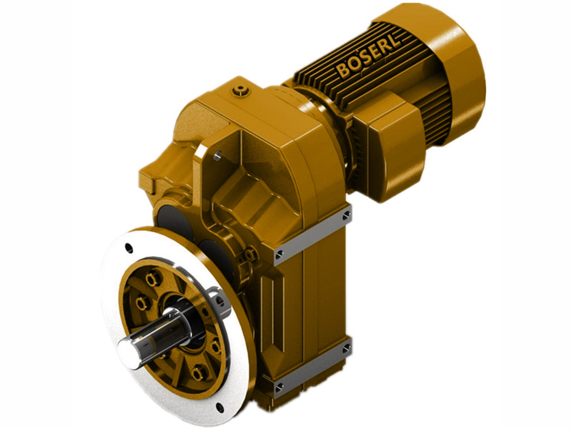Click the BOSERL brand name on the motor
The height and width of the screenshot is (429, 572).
(369, 54)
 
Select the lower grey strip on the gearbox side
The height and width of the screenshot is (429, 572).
(312, 369)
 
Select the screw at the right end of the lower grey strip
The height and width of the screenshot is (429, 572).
(346, 348)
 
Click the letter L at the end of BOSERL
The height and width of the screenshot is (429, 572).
(395, 39)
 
